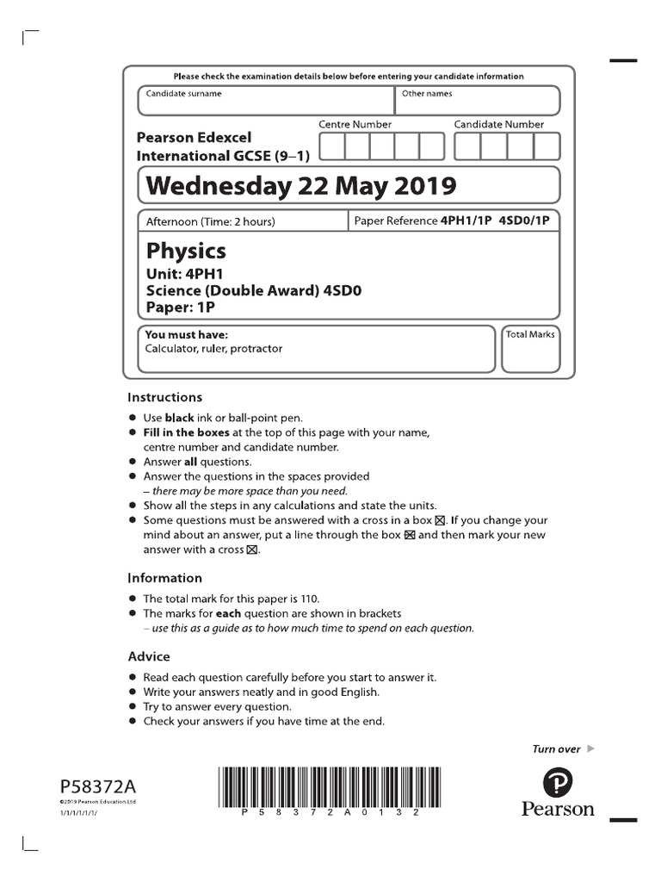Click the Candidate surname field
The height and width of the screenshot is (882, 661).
pos(266,100)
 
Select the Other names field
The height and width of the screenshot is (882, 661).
pos(477,100)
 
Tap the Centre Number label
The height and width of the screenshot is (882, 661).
pos(355,125)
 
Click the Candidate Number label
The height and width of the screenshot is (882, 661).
pos(499,125)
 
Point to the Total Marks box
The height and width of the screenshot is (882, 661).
pos(530,348)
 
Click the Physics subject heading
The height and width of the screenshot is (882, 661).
pos(186,251)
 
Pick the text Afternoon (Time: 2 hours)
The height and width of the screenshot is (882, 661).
pos(210,222)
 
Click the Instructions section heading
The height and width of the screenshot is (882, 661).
pos(164,398)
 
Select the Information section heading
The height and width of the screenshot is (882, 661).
pos(164,578)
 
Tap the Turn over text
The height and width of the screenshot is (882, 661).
pos(556,749)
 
